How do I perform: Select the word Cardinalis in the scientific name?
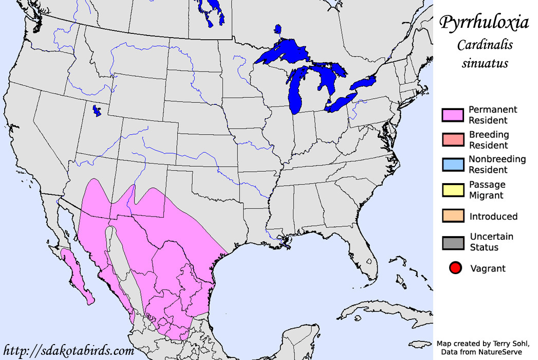485,45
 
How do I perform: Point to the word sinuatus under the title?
485,64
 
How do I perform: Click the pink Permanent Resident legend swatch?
453,115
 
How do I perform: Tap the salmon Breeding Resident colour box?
453,140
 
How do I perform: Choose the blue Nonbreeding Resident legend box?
453,165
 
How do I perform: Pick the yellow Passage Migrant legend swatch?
453,190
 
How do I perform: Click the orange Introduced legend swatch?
453,217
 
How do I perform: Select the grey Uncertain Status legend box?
453,242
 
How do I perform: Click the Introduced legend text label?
493,217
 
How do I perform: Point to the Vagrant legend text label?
488,268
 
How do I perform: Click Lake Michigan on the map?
295,93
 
